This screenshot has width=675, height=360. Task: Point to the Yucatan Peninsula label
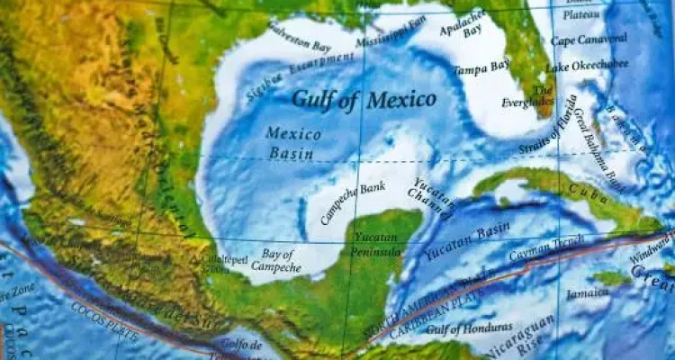377,244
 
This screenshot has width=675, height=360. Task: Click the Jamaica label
587,293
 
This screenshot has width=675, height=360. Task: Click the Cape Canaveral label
589,40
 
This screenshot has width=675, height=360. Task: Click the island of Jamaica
611,278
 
